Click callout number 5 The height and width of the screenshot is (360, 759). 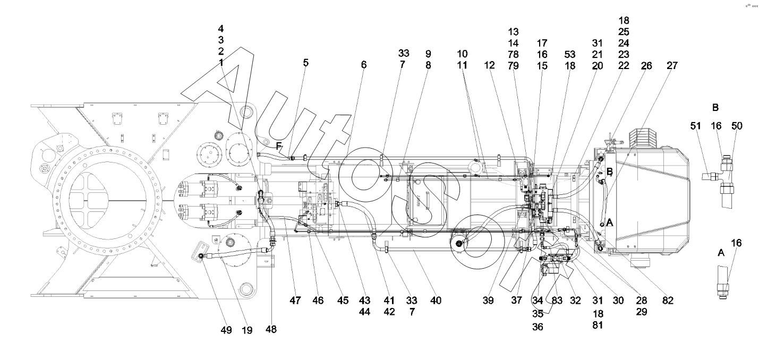tap(305, 63)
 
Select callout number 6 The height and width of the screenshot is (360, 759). tap(364, 65)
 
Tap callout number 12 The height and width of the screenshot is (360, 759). tap(489, 65)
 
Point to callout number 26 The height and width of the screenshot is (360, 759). tap(646, 65)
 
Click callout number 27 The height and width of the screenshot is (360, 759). tap(672, 65)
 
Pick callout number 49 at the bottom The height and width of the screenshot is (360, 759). tap(226, 330)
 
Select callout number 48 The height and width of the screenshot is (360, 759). tap(271, 329)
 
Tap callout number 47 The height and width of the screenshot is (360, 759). tap(295, 300)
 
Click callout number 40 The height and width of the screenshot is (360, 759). tap(436, 300)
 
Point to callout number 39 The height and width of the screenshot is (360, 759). tap(488, 300)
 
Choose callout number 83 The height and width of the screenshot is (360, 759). tap(557, 300)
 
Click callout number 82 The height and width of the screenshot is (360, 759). tap(668, 300)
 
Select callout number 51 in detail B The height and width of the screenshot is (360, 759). tap(695, 126)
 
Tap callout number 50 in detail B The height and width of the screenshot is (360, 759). tap(737, 126)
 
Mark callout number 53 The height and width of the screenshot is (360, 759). tap(570, 54)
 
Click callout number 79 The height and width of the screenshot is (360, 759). tap(513, 65)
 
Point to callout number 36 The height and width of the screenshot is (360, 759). tap(538, 327)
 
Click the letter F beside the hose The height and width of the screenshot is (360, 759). tap(278, 147)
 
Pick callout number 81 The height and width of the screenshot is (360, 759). tap(598, 325)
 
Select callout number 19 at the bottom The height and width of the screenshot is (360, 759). tap(247, 330)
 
